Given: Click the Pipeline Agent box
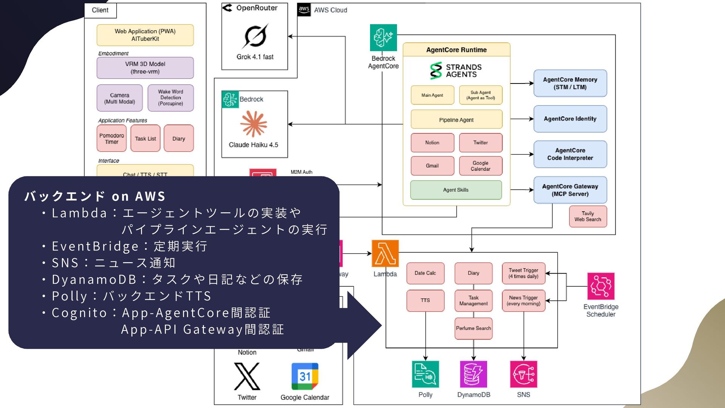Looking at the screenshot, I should click(456, 120).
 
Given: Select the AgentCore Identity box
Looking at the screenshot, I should click(570, 119).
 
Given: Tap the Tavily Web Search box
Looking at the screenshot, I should click(588, 216).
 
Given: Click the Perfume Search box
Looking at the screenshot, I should click(473, 328).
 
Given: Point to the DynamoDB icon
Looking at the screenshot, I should click(474, 374).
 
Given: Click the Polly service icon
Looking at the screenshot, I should click(425, 374).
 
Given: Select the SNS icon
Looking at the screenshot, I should click(523, 374).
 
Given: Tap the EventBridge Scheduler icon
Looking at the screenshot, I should click(601, 286).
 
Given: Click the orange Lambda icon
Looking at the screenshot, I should click(385, 253).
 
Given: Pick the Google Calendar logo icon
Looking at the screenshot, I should click(305, 376).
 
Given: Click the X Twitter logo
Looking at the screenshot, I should click(247, 376).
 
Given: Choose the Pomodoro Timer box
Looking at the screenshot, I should click(111, 139).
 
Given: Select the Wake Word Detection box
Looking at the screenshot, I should click(170, 98).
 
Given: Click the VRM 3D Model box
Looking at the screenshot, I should click(145, 68).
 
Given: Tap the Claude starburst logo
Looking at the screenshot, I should click(254, 124).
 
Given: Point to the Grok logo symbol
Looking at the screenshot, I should click(255, 36).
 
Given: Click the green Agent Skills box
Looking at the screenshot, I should click(456, 190).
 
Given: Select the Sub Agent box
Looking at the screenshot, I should click(480, 95).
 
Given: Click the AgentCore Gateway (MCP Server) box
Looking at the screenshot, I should click(570, 190).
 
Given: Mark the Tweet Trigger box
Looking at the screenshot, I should click(523, 273).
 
